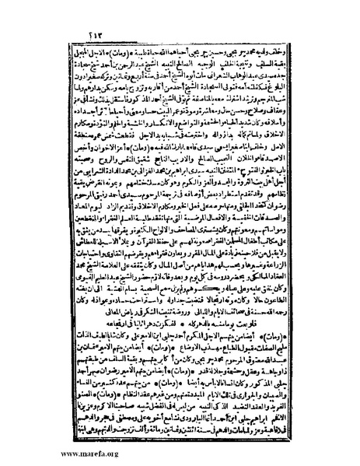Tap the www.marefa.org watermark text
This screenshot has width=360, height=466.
pos(39,456)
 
